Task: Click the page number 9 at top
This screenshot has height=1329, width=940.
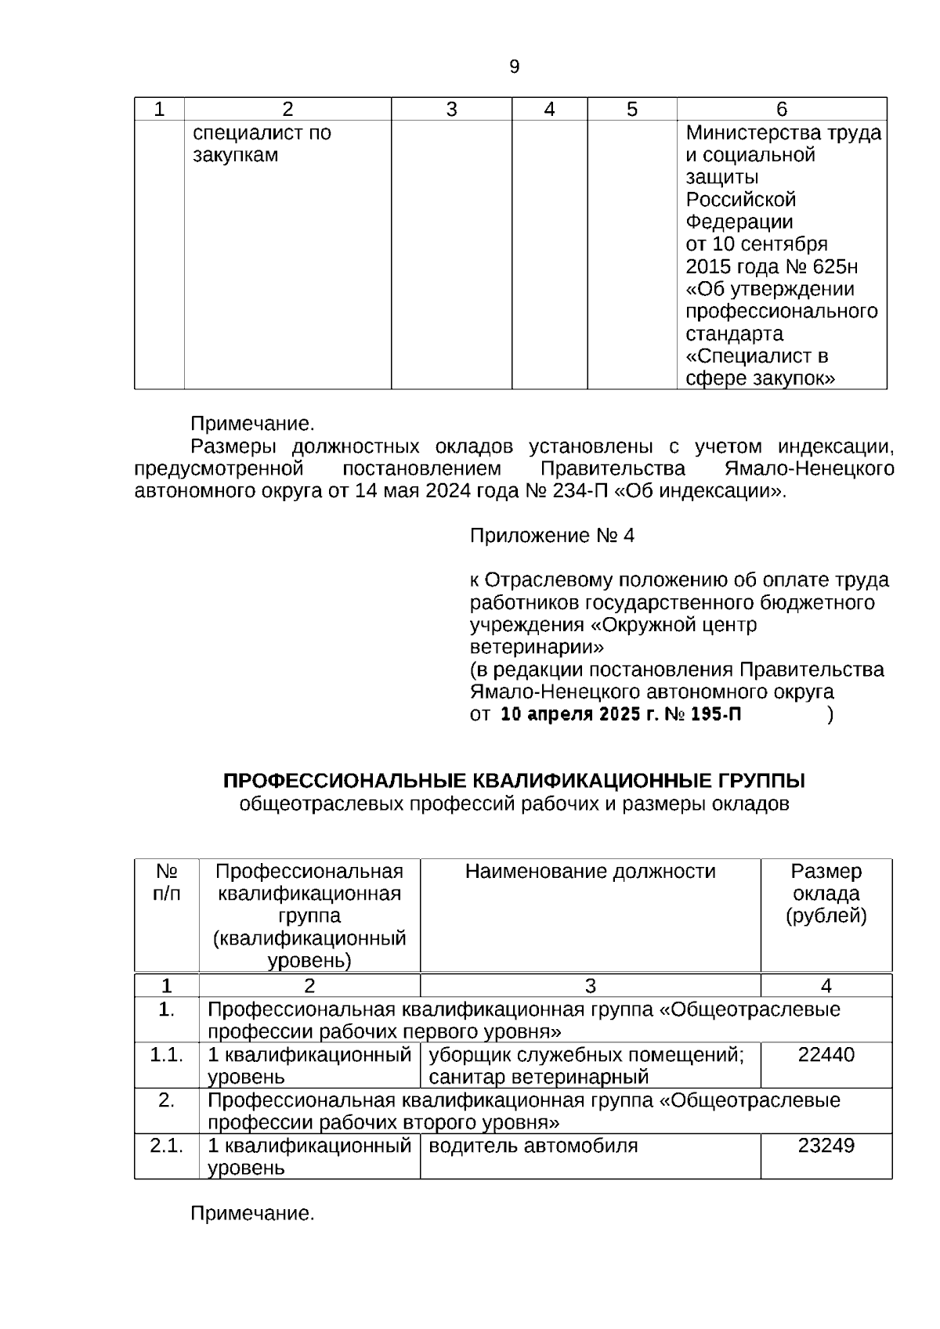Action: pyautogui.click(x=514, y=67)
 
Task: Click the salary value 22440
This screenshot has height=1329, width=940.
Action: pyautogui.click(x=826, y=1055)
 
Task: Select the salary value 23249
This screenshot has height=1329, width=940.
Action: pyautogui.click(x=826, y=1147)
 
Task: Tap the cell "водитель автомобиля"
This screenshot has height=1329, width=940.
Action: pyautogui.click(x=533, y=1147)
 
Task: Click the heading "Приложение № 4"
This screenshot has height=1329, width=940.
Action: pyautogui.click(x=551, y=536)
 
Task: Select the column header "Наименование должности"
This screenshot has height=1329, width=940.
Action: pyautogui.click(x=590, y=872)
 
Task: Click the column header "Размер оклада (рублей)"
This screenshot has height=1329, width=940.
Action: pyautogui.click(x=826, y=894)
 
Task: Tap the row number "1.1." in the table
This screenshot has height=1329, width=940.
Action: pyautogui.click(x=166, y=1055)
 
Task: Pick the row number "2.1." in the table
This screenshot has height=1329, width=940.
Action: pyautogui.click(x=166, y=1147)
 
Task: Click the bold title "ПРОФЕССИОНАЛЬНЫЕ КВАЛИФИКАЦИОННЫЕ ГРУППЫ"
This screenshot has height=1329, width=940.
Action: pyautogui.click(x=514, y=782)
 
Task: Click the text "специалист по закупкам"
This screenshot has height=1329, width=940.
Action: pyautogui.click(x=262, y=144)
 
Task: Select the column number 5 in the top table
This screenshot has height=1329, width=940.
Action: pyautogui.click(x=631, y=110)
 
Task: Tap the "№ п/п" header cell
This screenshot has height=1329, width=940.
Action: pyautogui.click(x=166, y=883)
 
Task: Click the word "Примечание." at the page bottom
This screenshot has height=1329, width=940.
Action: pyautogui.click(x=252, y=1214)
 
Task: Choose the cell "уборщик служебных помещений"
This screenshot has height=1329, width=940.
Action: pyautogui.click(x=586, y=1055)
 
